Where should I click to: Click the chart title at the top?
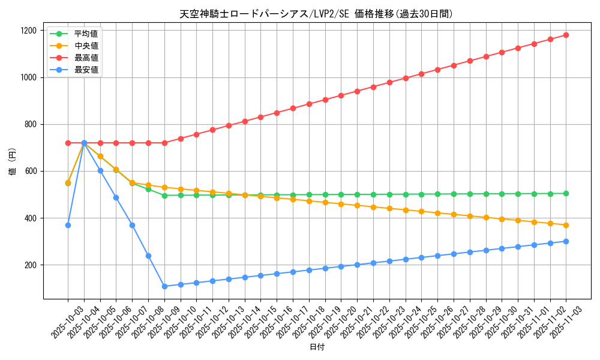[316, 14]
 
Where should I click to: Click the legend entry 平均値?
[86, 34]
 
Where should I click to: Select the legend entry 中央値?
[86, 46]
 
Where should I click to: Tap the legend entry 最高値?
[86, 58]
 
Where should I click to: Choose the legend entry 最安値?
[86, 70]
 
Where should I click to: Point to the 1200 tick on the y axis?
[29, 31]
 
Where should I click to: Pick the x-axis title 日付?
[317, 347]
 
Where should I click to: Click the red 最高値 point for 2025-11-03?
[566, 35]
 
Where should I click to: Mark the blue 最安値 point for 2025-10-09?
[164, 286]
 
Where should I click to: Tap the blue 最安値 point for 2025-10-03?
[68, 225]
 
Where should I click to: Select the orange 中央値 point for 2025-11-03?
[566, 225]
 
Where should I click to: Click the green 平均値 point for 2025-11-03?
[566, 193]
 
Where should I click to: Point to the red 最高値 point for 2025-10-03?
[68, 143]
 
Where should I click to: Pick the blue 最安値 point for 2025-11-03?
[566, 241]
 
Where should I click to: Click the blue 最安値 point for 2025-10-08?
[148, 256]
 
